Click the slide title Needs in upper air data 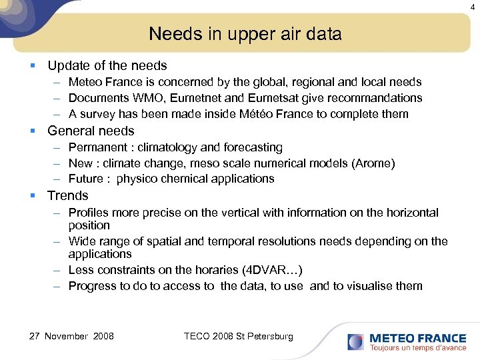(x=245, y=33)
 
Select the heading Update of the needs (x=107, y=65)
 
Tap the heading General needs (x=91, y=131)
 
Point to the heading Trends (x=67, y=195)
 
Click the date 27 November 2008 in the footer (x=71, y=336)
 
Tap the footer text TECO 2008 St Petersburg (x=238, y=336)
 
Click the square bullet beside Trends (x=32, y=196)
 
